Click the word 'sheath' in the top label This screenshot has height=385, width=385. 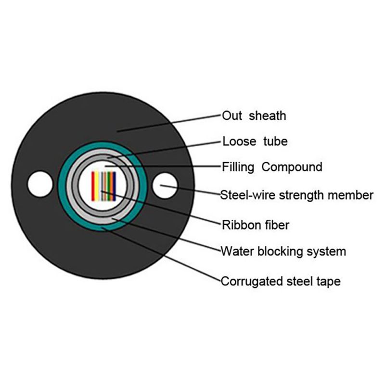[268, 115]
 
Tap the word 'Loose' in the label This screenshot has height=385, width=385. [239, 141]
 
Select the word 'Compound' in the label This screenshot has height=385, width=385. [292, 167]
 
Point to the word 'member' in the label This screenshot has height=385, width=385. [351, 195]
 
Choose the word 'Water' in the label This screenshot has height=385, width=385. [237, 251]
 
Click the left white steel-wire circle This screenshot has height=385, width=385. [40, 184]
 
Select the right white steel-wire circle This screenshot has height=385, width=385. [165, 186]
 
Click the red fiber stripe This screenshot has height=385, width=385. [93, 186]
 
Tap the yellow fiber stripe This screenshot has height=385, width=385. [97, 186]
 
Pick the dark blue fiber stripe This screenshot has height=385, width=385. [114, 186]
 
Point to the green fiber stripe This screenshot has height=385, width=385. [108, 186]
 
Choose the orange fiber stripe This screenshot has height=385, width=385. [111, 186]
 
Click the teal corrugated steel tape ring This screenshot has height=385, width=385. [62, 186]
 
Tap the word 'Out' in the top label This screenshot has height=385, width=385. [232, 115]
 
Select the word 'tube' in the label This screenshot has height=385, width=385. [275, 141]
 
